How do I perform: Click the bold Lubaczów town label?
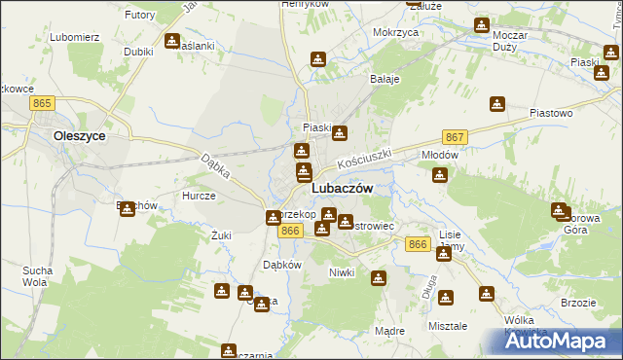[x=341, y=189]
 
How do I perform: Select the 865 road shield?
[x=41, y=102]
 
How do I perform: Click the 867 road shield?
[x=454, y=137]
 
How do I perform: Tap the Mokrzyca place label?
[x=395, y=32]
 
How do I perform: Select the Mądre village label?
[x=389, y=331]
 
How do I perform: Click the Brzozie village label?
[x=578, y=303]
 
